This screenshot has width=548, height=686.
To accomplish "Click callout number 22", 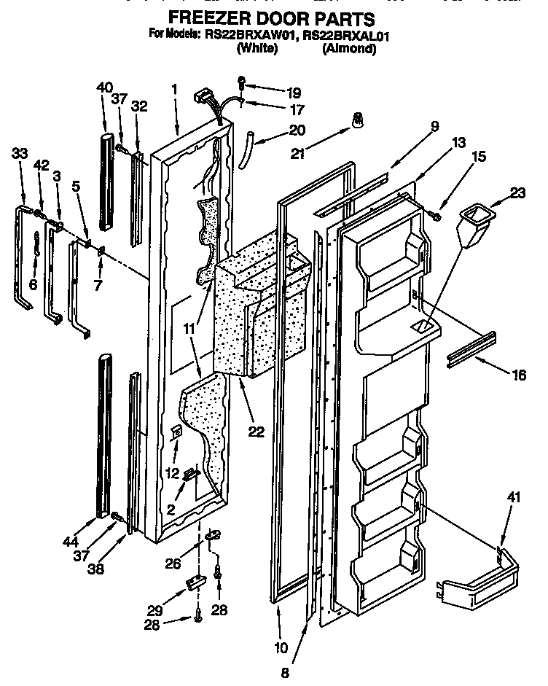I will pos(256,431).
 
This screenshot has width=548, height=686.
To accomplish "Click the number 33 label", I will pos(21,153).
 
